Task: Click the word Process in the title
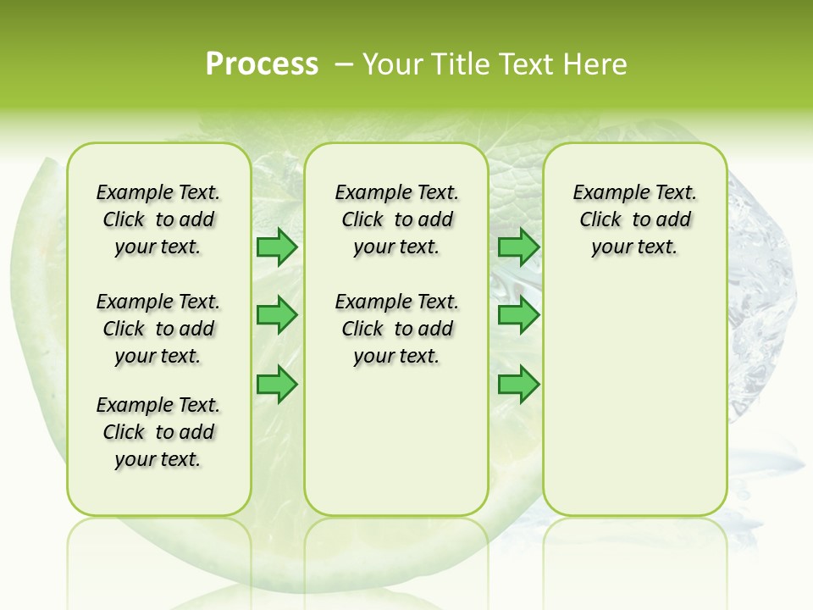[x=262, y=64]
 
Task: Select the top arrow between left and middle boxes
[x=277, y=247]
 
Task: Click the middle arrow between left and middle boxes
[x=277, y=315]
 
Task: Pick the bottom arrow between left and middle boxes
[x=277, y=385]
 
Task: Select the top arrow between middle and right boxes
[x=518, y=247]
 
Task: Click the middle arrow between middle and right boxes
[x=518, y=315]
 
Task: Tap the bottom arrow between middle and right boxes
[x=518, y=385]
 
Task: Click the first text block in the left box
[x=158, y=219]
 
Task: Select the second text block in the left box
[x=158, y=329]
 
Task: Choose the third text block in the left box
[x=158, y=432]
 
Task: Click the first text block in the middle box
[x=396, y=219]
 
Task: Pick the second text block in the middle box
[x=396, y=329]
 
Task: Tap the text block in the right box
[x=634, y=219]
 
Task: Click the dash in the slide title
[x=345, y=64]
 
